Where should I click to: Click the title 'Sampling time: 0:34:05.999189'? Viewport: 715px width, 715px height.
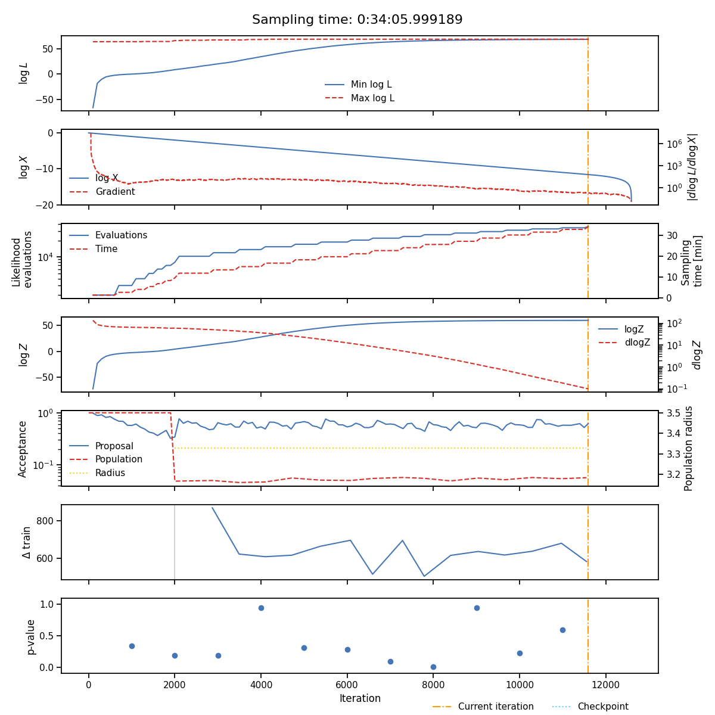point(357,20)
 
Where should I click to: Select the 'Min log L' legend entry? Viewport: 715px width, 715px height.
point(371,85)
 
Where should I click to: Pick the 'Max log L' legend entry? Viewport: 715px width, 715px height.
point(372,98)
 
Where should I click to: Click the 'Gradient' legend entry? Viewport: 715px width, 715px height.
point(114,192)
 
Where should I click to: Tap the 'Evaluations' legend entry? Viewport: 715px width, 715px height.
point(121,235)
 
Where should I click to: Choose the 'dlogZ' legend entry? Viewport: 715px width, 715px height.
point(637,343)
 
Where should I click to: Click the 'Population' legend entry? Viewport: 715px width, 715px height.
point(119,459)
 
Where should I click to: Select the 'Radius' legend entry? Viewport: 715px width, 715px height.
point(110,473)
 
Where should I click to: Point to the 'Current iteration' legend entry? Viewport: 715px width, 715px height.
point(496,707)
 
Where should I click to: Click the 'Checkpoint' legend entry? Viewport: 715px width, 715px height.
point(602,707)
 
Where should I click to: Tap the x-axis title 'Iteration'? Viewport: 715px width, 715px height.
point(360,698)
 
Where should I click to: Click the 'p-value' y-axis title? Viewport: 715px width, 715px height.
point(31,636)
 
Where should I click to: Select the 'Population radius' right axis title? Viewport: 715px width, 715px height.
point(689,448)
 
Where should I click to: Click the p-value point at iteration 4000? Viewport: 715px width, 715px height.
point(261,608)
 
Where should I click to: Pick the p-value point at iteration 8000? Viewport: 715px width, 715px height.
point(433,667)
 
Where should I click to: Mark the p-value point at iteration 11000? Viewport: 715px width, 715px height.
point(562,630)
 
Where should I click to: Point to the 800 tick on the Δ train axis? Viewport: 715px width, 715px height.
point(48,521)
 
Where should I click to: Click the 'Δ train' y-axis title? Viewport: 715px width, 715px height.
point(27,542)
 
